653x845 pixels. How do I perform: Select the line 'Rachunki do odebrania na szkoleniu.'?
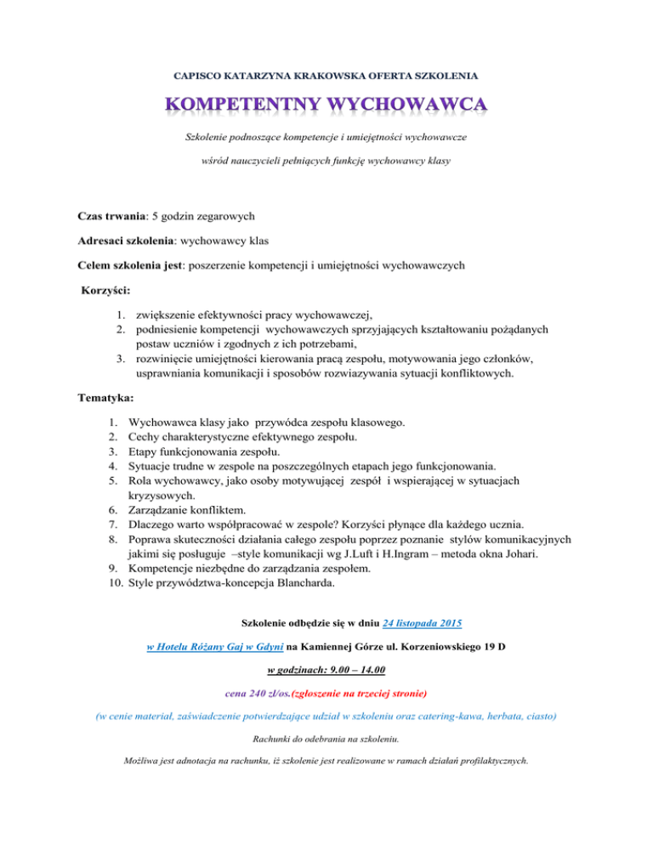click(326, 739)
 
